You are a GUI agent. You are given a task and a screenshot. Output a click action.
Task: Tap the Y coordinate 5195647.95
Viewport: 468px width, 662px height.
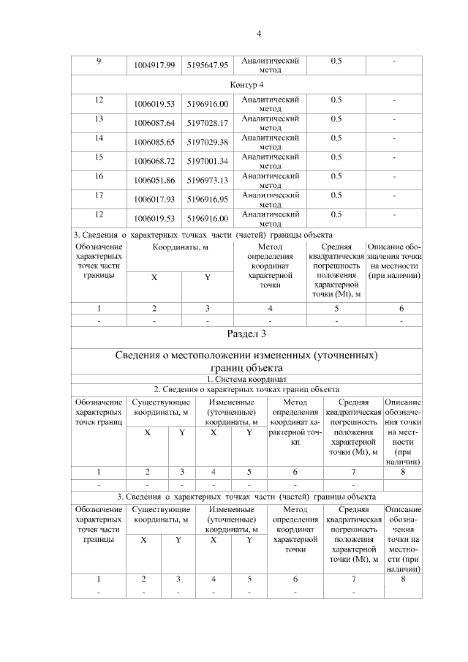208,66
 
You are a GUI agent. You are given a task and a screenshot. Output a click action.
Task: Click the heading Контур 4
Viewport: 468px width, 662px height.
246,86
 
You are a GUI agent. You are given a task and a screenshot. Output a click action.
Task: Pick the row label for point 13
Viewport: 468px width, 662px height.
99,118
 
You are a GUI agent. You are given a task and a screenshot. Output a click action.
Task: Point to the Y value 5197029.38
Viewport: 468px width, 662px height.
208,142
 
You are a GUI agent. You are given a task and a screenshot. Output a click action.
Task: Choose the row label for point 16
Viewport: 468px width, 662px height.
99,176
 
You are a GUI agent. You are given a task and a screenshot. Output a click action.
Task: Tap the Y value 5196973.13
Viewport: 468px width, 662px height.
208,180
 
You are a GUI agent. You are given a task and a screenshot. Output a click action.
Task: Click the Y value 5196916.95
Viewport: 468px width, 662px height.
208,199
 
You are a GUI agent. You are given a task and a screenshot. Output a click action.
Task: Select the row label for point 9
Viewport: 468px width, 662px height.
99,61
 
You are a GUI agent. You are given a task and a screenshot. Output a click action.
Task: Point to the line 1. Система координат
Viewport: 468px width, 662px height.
246,379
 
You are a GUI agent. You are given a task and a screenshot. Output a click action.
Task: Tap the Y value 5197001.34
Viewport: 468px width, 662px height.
208,161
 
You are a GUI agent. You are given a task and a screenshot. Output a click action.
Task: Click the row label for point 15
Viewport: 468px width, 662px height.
99,157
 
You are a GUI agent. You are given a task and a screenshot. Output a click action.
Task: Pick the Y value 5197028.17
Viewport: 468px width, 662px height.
208,123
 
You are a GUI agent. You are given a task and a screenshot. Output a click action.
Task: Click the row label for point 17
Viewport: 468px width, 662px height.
99,195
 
